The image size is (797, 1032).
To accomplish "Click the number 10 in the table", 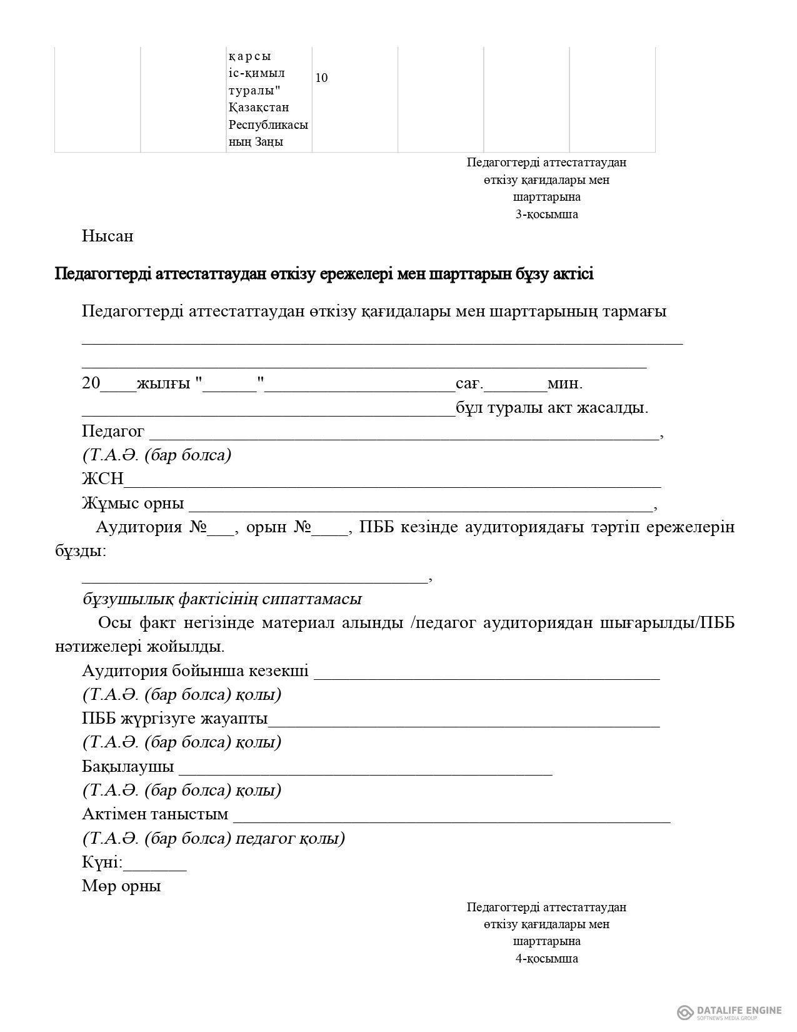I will click(x=321, y=78).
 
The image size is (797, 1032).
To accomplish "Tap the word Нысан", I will click(x=108, y=236).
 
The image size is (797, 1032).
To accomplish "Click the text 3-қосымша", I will click(x=546, y=215).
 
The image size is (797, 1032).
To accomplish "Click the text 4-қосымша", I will click(x=546, y=958).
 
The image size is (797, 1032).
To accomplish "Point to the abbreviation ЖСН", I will click(x=103, y=479).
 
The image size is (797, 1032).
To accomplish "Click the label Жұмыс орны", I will click(x=133, y=503).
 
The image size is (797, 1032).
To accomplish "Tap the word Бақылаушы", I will click(x=128, y=767).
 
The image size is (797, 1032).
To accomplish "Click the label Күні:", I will click(x=103, y=863).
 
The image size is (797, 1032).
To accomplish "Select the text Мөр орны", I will click(x=121, y=886).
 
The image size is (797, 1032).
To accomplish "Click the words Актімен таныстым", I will click(x=155, y=814).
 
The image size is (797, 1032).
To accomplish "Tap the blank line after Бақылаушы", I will click(x=366, y=771).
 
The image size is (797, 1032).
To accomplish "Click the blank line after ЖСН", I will click(x=393, y=482).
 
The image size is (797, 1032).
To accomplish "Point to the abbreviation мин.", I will click(x=565, y=383).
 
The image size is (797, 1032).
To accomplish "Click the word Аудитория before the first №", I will click(x=139, y=527).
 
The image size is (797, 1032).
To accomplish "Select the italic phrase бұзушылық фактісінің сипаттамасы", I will click(x=222, y=599).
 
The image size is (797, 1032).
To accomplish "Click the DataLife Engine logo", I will click(x=729, y=994).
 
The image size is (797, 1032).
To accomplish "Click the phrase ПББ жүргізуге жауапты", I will click(x=174, y=719).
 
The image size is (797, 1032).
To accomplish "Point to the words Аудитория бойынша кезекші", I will click(x=195, y=671).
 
